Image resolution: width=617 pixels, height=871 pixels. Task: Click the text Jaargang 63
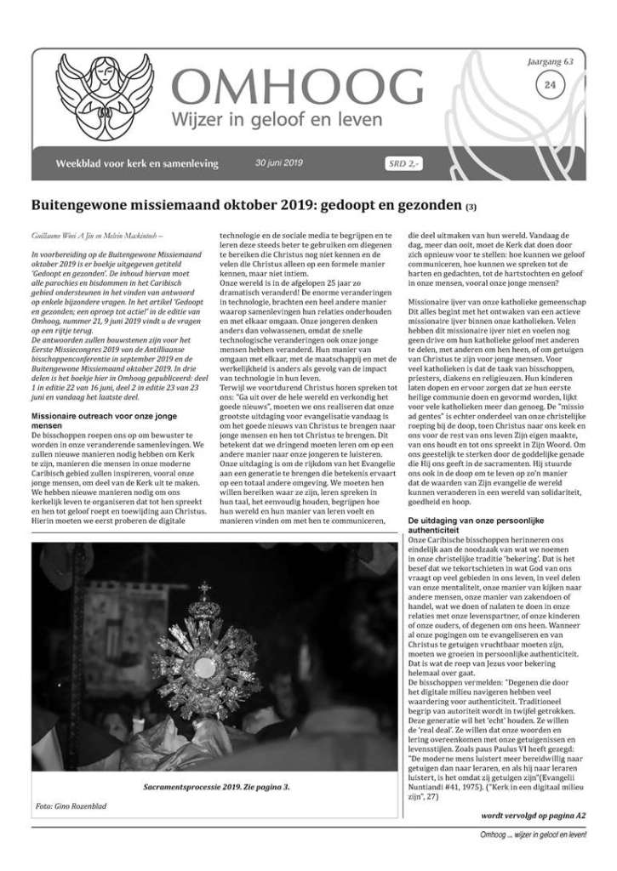tap(551, 61)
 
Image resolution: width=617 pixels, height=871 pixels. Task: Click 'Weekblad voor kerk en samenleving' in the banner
tap(136, 163)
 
